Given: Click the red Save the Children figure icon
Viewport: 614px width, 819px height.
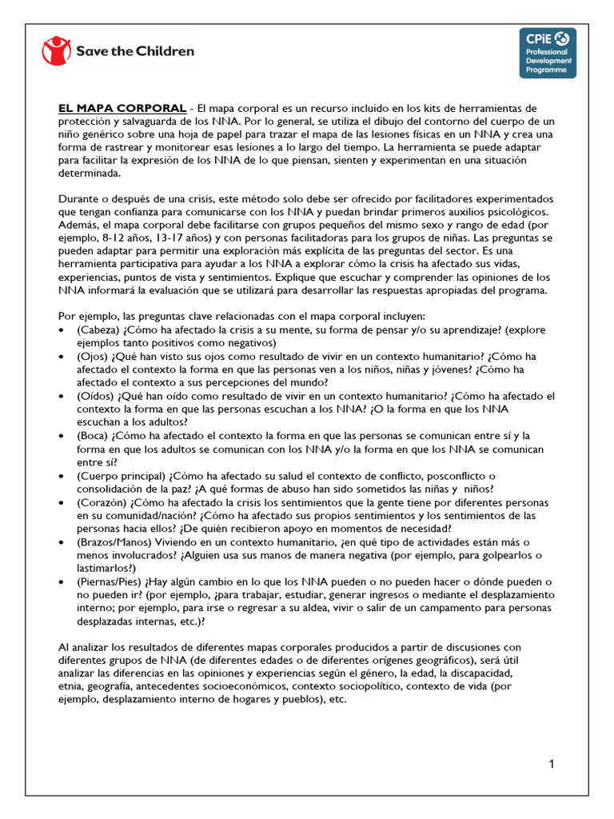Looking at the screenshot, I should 56,51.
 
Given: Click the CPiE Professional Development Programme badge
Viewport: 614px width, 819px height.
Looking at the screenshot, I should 547,53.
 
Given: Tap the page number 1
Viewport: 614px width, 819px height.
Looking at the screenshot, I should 552,764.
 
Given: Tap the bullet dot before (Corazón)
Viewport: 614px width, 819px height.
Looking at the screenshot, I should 63,502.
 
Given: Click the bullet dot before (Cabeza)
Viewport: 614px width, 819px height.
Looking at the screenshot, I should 63,330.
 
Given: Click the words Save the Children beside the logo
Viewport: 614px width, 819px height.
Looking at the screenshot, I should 135,51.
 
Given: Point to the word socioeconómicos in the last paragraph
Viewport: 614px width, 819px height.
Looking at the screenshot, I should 237,685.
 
